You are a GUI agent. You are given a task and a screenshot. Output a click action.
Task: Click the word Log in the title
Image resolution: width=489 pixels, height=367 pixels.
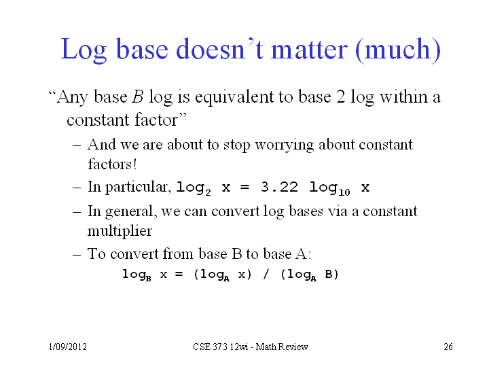point(84,50)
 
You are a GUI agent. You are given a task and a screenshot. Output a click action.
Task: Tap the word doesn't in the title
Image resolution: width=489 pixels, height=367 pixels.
point(220,49)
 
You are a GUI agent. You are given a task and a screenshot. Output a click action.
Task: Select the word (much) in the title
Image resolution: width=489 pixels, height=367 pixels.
point(398,50)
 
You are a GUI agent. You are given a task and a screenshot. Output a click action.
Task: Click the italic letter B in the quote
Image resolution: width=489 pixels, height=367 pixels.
point(137,97)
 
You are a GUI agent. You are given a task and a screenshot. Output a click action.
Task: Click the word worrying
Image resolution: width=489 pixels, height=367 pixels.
point(285,145)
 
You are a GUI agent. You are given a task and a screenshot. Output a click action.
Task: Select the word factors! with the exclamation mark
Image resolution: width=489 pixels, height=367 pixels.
point(112,164)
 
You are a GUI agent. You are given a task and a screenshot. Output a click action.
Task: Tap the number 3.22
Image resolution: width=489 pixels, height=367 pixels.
point(279,187)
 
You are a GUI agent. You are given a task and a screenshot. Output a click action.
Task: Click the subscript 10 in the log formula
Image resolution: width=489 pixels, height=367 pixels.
point(344,192)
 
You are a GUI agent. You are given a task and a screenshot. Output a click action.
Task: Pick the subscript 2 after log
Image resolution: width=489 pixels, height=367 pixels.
point(208,192)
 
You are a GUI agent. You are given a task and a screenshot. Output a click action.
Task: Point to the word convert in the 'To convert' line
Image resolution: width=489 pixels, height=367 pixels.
point(134,254)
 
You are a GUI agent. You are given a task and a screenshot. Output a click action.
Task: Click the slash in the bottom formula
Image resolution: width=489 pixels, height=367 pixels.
point(266,275)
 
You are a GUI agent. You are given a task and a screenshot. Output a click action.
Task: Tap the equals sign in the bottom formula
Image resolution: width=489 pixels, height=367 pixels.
point(179,275)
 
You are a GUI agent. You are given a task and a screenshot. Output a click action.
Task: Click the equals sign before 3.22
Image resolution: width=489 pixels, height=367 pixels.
point(244,188)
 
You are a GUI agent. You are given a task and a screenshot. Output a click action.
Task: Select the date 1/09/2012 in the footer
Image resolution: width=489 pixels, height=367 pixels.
point(68,347)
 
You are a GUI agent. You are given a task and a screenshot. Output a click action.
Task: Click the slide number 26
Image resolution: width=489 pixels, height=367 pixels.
point(448,347)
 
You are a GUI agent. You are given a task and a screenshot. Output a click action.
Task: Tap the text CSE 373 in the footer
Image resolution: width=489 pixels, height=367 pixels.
point(210,347)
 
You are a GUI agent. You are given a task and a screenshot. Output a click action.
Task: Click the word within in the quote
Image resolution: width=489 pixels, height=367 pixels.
point(403,97)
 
